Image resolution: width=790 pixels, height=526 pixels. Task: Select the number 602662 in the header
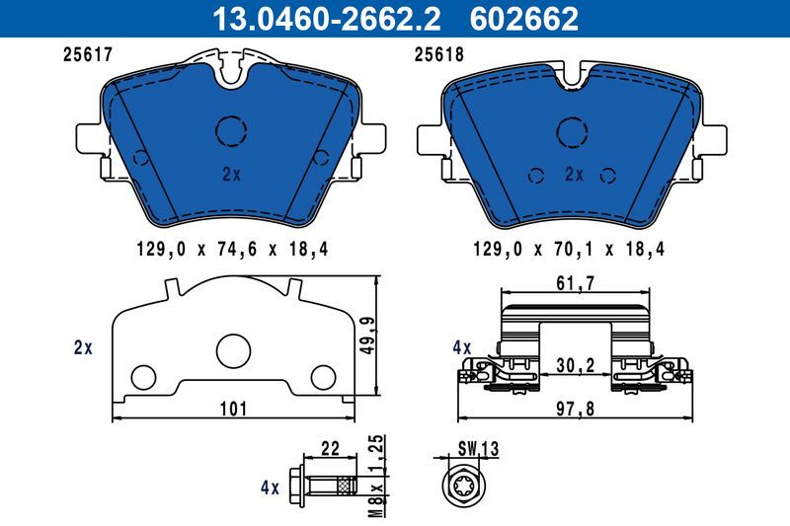coord(528,18)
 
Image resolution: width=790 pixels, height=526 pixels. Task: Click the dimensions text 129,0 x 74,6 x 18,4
coord(230,251)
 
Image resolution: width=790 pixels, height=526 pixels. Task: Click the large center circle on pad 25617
coord(230,130)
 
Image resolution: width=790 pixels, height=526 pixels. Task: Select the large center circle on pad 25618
coord(573,131)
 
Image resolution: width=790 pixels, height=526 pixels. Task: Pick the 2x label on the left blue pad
coord(231,174)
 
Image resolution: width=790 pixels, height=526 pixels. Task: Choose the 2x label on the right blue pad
coord(574,174)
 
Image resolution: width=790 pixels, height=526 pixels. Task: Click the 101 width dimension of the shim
coord(234,408)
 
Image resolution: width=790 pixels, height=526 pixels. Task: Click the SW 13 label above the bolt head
coord(475,449)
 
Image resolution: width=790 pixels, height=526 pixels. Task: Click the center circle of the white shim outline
coord(233,349)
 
